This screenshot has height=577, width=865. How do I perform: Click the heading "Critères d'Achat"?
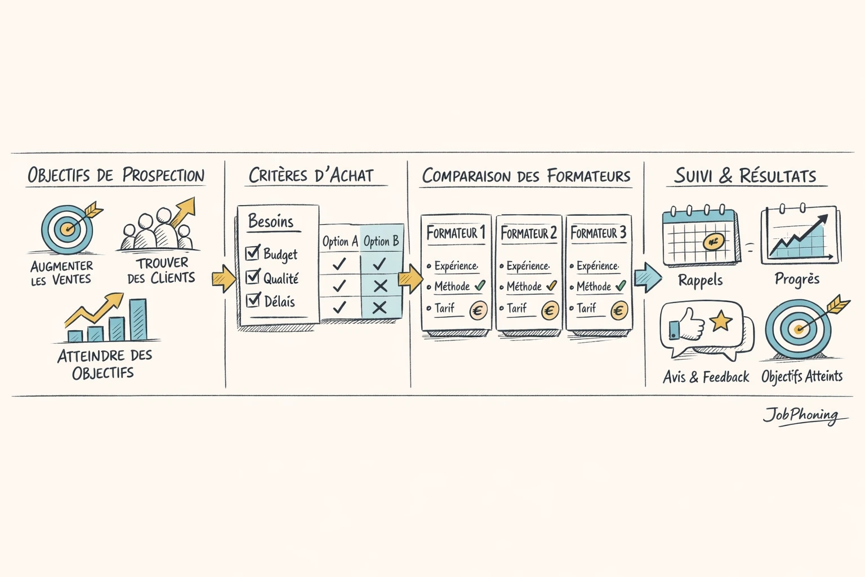click(x=311, y=175)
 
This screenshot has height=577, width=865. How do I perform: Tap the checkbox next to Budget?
click(x=253, y=252)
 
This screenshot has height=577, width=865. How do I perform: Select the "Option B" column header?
click(x=381, y=241)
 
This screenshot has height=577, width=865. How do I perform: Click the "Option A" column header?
click(x=340, y=242)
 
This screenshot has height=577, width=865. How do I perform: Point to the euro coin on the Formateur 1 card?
click(x=478, y=310)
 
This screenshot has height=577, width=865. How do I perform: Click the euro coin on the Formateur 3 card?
click(x=619, y=310)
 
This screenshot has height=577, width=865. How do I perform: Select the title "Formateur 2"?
click(x=528, y=233)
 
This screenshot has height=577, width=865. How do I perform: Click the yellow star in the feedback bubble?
click(x=721, y=321)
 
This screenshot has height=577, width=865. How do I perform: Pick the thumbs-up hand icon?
click(x=685, y=327)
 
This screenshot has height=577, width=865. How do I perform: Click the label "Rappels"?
click(x=700, y=280)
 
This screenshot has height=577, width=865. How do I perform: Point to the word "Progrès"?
click(x=797, y=279)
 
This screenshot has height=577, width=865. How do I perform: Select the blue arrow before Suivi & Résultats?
click(x=648, y=278)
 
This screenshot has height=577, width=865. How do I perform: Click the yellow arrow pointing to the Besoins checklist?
click(x=224, y=278)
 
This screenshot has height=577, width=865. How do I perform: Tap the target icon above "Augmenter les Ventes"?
click(x=68, y=229)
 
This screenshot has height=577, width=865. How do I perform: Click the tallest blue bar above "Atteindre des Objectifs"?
click(x=138, y=319)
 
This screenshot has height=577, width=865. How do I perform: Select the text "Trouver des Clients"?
click(x=161, y=270)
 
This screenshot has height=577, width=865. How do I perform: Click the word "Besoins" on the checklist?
click(x=271, y=221)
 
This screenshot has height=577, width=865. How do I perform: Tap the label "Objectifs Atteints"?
click(x=802, y=376)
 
